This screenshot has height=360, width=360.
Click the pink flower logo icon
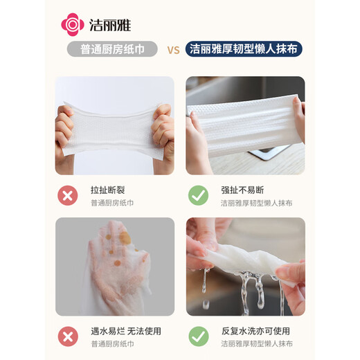click(x=73, y=24)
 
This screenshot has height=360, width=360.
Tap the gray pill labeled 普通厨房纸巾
click(x=114, y=49)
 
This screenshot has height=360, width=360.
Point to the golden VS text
click(x=174, y=50)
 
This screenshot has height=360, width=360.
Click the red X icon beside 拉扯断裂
click(x=68, y=196)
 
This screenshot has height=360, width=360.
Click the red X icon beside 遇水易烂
click(x=68, y=336)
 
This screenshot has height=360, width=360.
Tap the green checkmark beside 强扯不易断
click(x=198, y=196)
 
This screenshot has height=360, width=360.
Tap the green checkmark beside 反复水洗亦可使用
click(x=198, y=336)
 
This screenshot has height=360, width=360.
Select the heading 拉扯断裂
click(x=108, y=190)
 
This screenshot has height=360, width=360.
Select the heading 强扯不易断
click(x=242, y=190)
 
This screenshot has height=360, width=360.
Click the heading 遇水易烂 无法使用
click(x=125, y=330)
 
